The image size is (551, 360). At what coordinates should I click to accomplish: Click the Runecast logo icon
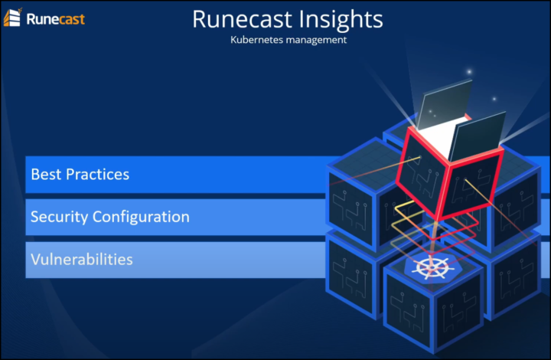pos(12,17)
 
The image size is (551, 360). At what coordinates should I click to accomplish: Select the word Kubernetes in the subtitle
pos(256,40)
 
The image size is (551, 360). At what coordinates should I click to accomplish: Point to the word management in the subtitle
pos(316,41)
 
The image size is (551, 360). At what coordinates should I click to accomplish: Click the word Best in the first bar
pos(46,175)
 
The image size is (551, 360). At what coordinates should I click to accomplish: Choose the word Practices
pos(98,175)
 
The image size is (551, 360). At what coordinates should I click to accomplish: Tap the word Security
pos(59,218)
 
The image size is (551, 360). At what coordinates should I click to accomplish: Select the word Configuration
pos(141,218)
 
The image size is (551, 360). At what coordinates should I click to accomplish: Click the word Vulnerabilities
pos(82,260)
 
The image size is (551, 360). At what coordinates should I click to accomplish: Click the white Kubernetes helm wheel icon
pos(430,267)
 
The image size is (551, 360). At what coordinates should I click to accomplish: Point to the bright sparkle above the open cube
pos(469,72)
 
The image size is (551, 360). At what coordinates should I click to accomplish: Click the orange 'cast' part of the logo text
pos(70,19)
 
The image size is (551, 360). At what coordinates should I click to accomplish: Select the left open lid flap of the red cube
pos(445,103)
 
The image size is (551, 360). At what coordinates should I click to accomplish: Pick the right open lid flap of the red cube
pos(477,137)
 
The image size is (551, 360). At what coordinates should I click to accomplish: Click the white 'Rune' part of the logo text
pos(41,19)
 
